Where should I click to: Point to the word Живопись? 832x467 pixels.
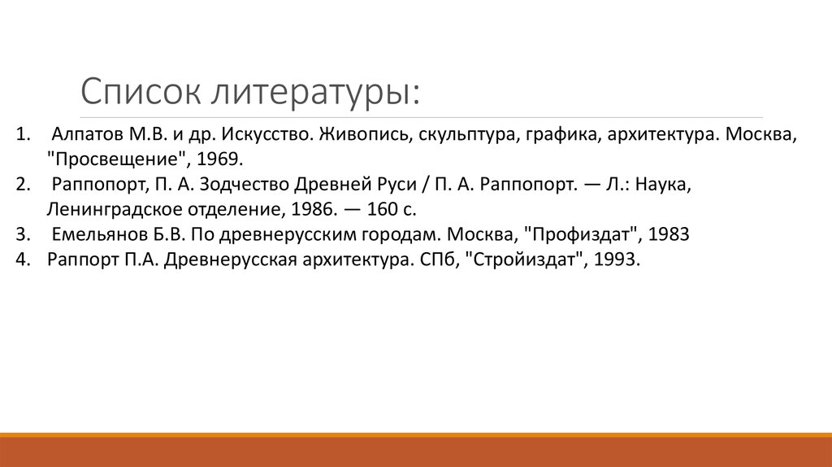point(365,133)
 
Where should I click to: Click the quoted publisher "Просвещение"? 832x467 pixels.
point(119,158)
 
